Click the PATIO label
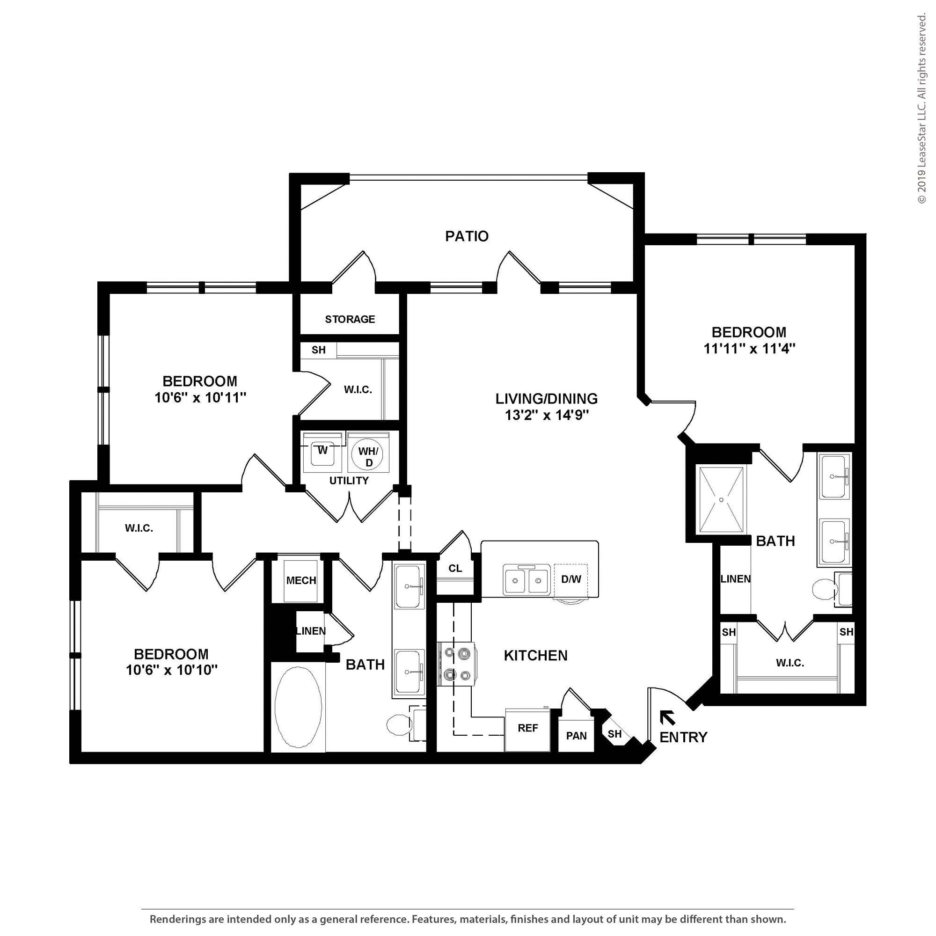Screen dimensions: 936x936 pos(467,236)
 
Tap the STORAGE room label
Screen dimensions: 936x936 pos(350,319)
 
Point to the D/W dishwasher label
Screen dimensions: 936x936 pos(570,579)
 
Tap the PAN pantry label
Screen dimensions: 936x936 pos(577,735)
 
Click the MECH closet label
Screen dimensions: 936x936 pos(301,580)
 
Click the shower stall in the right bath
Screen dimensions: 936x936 pos(721,499)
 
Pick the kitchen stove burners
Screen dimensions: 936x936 pos(455,664)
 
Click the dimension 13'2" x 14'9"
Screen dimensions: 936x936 pos(547,415)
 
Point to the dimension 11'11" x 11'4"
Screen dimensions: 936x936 pos(749,349)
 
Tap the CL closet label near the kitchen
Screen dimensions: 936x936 pos(455,568)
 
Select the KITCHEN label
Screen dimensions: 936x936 pos(535,656)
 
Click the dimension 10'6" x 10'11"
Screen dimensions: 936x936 pos(201,397)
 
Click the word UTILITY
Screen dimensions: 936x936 pos(349,481)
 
